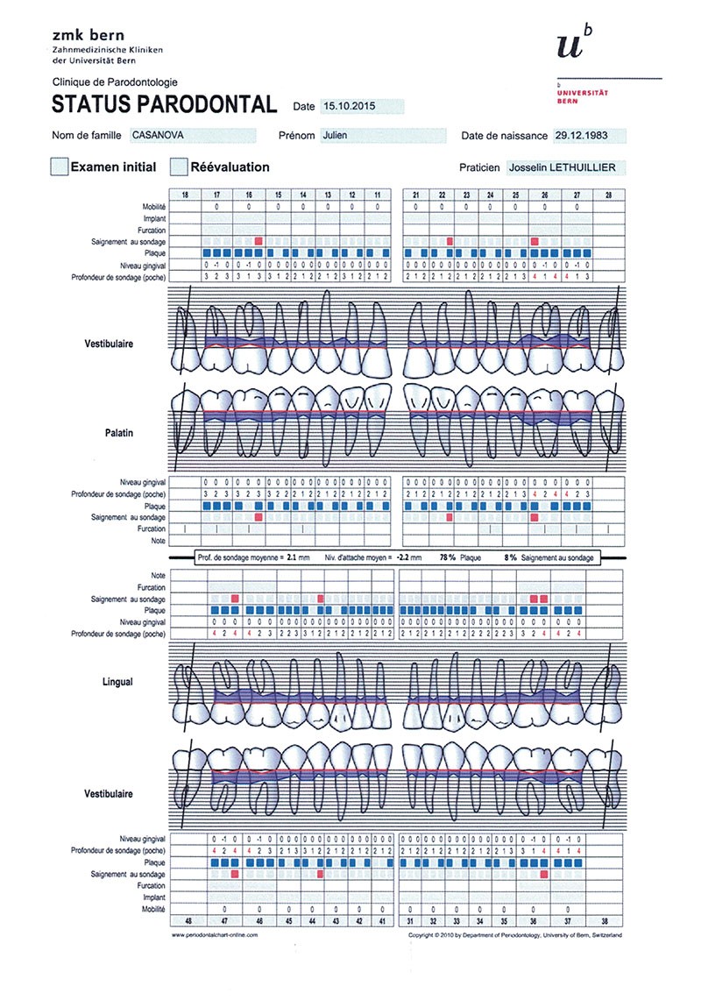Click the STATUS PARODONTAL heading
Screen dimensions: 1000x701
(165, 104)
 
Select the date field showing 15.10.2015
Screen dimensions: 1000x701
(362, 106)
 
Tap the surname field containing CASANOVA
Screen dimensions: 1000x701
(192, 136)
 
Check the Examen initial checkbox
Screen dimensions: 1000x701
(60, 167)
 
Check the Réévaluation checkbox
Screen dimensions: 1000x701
(180, 167)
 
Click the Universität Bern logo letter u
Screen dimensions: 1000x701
(570, 46)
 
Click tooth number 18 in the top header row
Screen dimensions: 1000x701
(184, 194)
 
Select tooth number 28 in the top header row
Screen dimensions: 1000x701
(609, 194)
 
